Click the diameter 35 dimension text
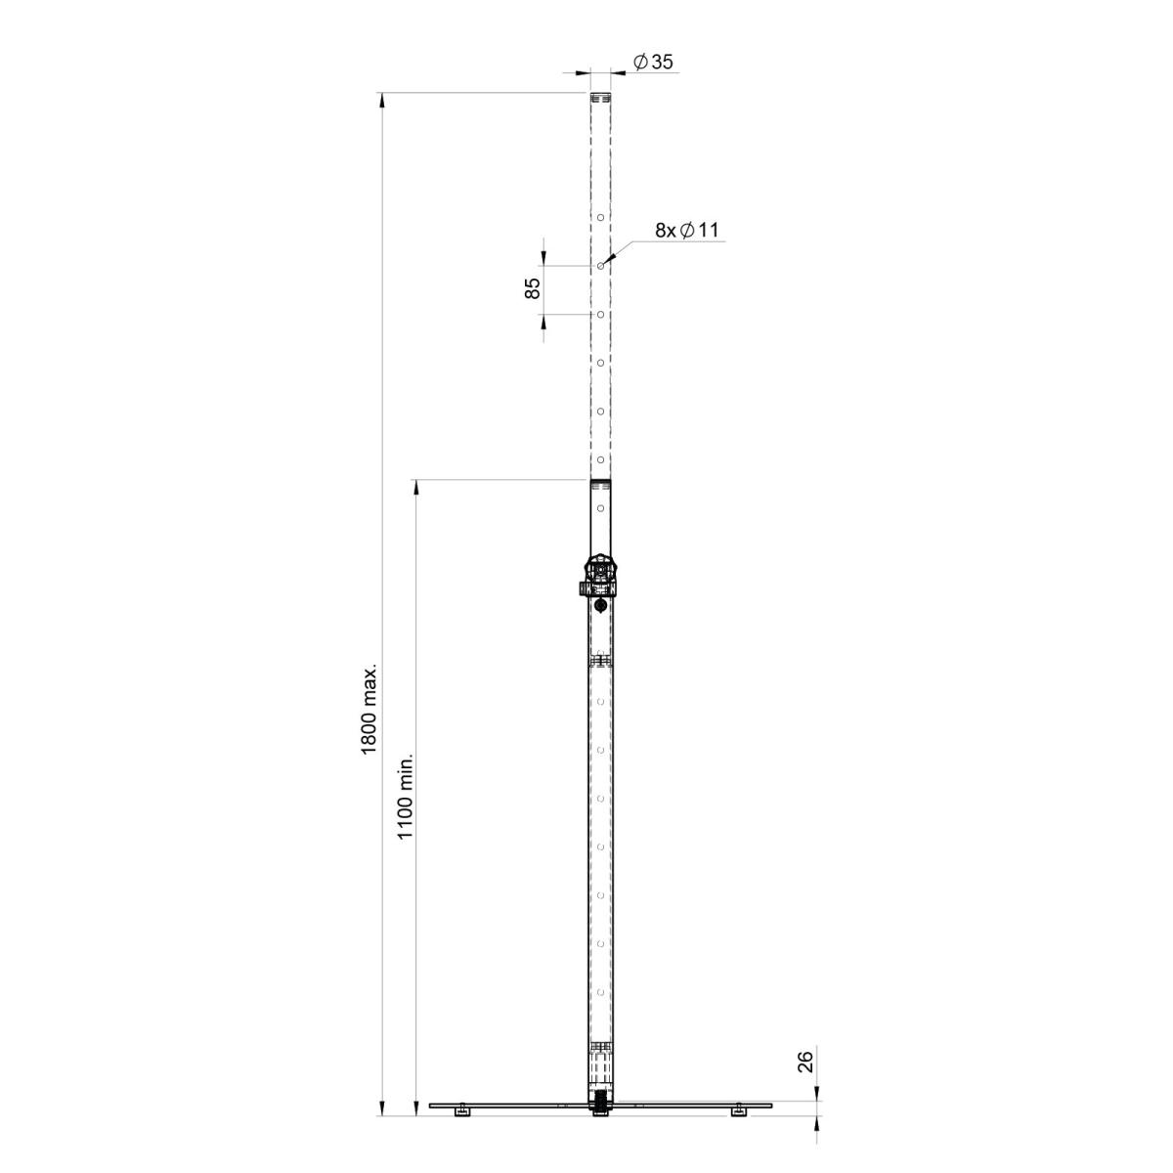point(653,62)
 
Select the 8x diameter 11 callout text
point(686,231)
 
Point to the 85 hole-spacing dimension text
point(532,288)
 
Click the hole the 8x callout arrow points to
point(600,265)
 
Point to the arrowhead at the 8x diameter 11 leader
point(606,261)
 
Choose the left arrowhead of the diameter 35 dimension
point(585,71)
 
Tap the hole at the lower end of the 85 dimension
point(600,314)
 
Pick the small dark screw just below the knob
point(600,607)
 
